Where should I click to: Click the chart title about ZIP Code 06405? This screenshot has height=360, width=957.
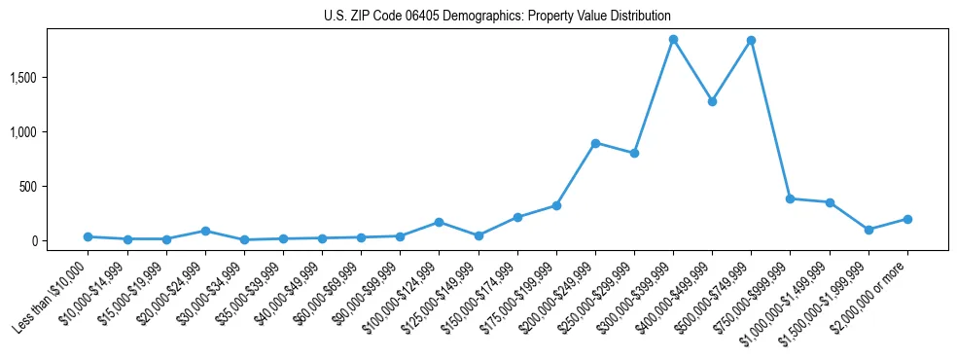click(497, 17)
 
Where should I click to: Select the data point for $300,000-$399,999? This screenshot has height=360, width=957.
click(673, 39)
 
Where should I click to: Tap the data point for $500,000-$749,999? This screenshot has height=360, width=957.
click(751, 40)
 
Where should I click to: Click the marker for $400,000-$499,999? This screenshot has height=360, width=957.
click(712, 101)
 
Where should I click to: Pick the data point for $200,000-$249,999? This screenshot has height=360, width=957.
click(595, 143)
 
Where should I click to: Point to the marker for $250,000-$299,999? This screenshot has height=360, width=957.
click(634, 153)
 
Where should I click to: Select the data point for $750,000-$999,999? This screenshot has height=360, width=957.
click(790, 198)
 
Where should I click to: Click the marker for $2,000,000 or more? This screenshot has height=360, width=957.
click(907, 219)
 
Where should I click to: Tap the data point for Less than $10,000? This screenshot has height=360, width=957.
click(88, 236)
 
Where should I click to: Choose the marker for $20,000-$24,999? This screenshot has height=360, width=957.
click(205, 231)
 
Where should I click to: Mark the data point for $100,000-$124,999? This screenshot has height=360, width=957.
click(439, 222)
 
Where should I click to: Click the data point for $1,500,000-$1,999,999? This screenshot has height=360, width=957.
click(868, 230)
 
